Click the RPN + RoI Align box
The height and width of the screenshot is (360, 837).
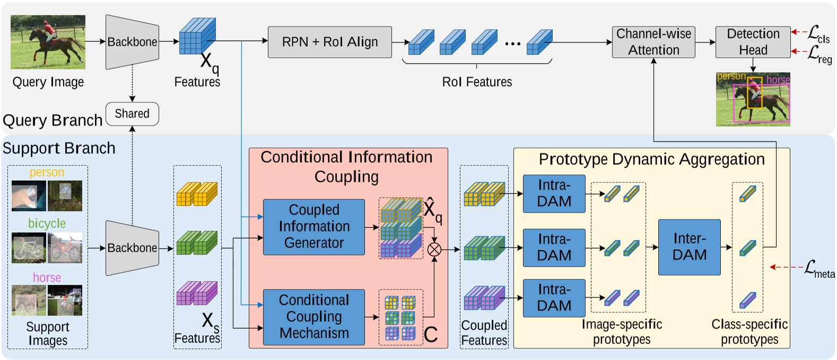point(329,42)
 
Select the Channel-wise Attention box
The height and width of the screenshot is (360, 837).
point(653,42)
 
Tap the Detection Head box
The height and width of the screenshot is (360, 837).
point(753,42)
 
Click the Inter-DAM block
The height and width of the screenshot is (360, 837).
point(689,247)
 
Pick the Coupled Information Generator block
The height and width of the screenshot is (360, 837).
point(314,226)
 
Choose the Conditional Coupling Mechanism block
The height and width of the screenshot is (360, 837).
point(314,317)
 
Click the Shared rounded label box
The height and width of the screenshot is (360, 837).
point(132,113)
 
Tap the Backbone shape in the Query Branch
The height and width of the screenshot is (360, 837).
point(132,42)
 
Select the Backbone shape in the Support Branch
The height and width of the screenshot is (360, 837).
point(132,248)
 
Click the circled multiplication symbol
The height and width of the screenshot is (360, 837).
point(434,249)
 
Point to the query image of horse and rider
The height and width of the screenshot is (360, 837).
point(48,42)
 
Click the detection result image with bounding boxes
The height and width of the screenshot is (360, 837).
point(753,99)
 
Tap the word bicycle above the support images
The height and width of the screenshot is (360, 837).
point(47,223)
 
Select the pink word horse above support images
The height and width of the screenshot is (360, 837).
point(47,277)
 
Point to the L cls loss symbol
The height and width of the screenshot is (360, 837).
point(818,34)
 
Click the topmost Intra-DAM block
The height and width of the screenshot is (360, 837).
point(554,194)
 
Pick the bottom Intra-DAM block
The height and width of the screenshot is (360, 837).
point(554,298)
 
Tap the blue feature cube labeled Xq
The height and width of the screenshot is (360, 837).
point(197,36)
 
